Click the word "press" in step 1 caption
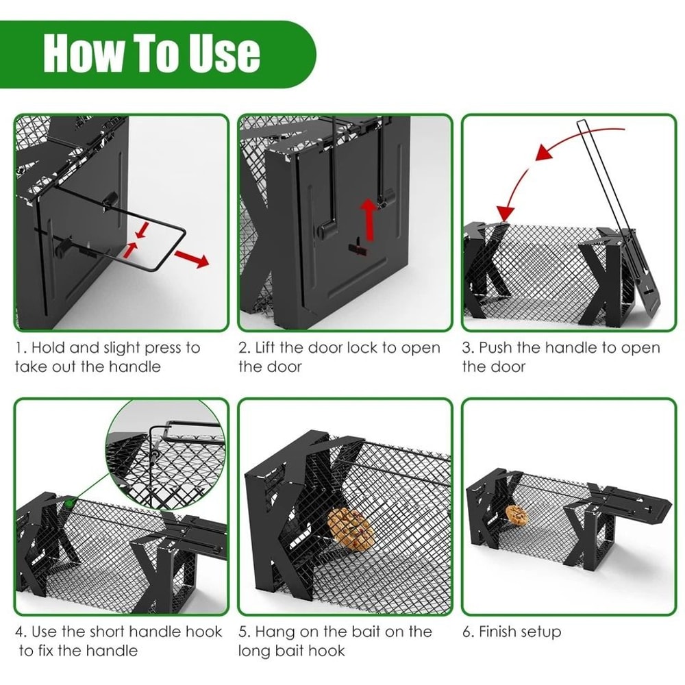click(157, 348)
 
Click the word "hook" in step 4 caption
click(204, 632)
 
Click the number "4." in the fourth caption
click(21, 632)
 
